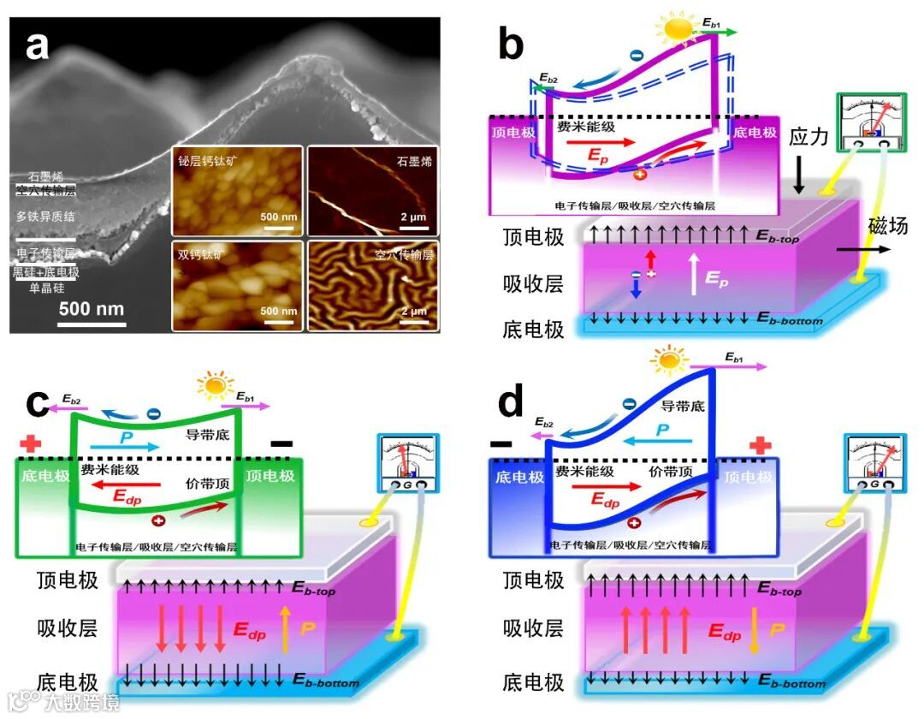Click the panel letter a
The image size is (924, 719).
pyautogui.click(x=37, y=45)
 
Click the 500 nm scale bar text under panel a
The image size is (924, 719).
pyautogui.click(x=92, y=308)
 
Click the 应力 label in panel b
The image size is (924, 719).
pyautogui.click(x=808, y=137)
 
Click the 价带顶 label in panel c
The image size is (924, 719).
pyautogui.click(x=208, y=484)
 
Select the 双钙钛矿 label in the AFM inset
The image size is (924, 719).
pyautogui.click(x=202, y=254)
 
